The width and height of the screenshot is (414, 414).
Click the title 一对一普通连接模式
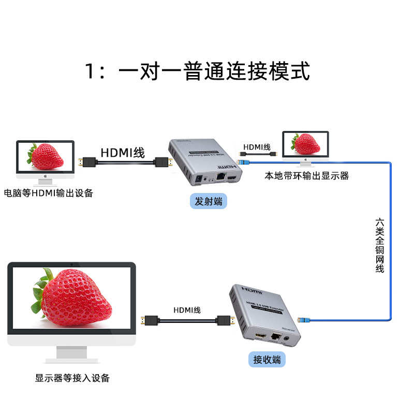click(198, 71)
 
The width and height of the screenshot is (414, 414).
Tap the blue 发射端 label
click(209, 201)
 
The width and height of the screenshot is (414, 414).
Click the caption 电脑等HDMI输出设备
click(49, 194)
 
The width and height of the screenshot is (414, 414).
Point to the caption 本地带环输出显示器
click(307, 176)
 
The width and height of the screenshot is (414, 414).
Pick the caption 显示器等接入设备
click(72, 378)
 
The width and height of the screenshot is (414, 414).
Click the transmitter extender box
click(204, 164)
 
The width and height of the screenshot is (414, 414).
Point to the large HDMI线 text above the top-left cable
click(123, 153)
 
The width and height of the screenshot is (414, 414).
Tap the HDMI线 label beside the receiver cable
click(187, 310)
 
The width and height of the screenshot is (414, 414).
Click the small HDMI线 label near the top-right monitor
click(257, 147)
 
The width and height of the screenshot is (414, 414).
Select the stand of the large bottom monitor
click(71, 354)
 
